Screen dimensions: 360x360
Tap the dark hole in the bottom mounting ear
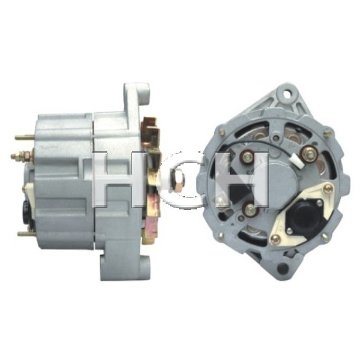tap(283, 268)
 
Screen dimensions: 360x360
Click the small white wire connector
tap(298, 161)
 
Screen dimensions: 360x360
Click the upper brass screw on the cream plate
tap(328, 188)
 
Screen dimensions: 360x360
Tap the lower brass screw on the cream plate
tap(276, 239)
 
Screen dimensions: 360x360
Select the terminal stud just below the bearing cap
tap(251, 209)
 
